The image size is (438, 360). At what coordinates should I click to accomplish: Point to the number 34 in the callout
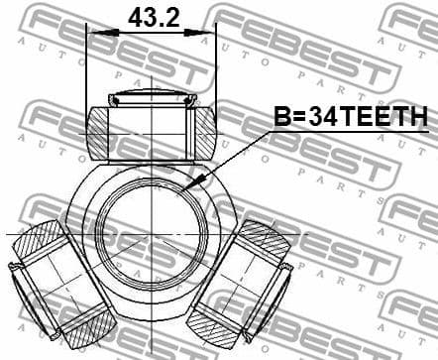point(322,118)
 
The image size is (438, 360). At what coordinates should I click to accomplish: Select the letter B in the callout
point(281,118)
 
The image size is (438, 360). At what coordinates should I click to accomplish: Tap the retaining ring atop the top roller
point(152,98)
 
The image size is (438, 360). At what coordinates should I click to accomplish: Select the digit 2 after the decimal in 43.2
point(175,16)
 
